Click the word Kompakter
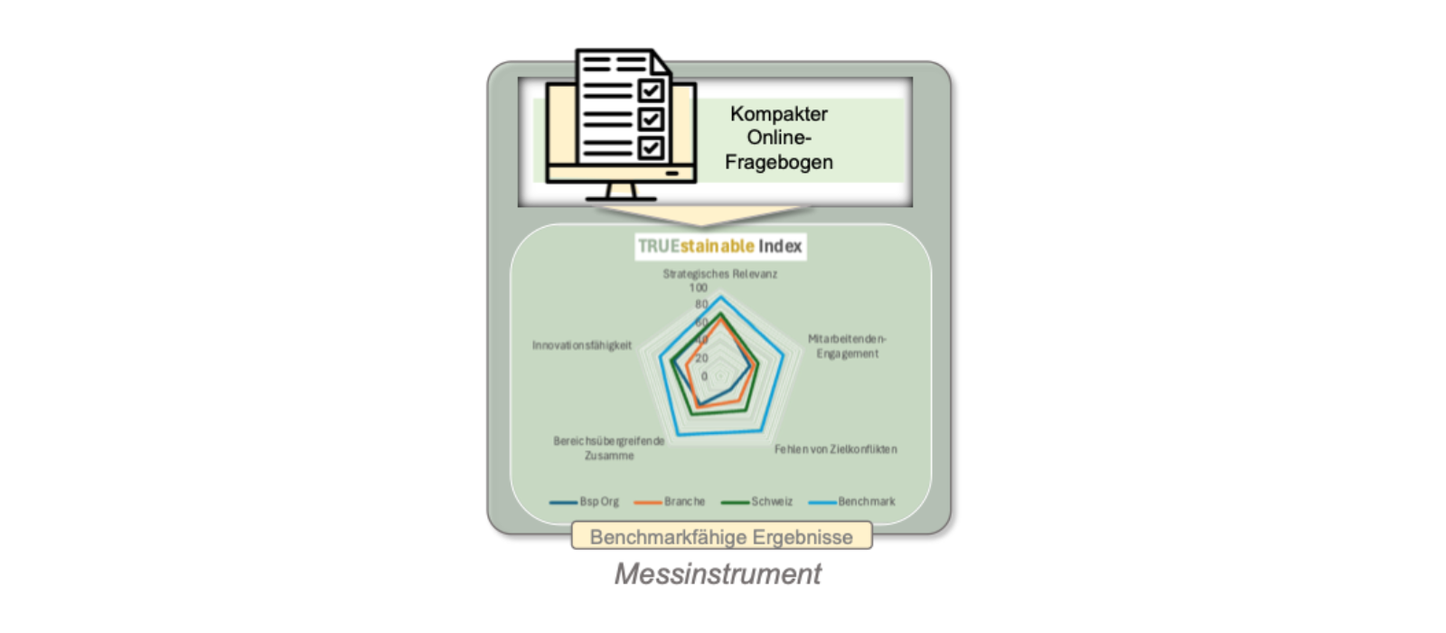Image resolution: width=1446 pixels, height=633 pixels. pyautogui.click(x=778, y=114)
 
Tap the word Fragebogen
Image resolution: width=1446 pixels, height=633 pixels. pyautogui.click(x=778, y=163)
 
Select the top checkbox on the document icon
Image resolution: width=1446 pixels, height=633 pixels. pyautogui.click(x=651, y=90)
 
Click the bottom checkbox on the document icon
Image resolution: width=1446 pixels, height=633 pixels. pyautogui.click(x=651, y=147)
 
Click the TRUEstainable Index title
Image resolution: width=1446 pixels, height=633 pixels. pyautogui.click(x=719, y=246)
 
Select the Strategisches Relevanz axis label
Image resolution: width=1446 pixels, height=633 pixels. pyautogui.click(x=719, y=274)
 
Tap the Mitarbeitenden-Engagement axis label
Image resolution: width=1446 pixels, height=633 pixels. pyautogui.click(x=847, y=346)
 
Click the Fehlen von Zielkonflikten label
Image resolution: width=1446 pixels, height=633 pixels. pyautogui.click(x=835, y=449)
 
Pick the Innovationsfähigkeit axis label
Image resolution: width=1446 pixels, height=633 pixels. pyautogui.click(x=582, y=345)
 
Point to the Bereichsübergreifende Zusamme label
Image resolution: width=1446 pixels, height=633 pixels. pyautogui.click(x=608, y=449)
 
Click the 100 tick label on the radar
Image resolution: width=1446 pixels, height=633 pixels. pyautogui.click(x=699, y=288)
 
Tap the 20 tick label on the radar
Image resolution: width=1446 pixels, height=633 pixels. pyautogui.click(x=701, y=358)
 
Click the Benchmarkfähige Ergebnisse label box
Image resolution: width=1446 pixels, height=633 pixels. pyautogui.click(x=721, y=537)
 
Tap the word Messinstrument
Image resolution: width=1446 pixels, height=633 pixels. pyautogui.click(x=718, y=574)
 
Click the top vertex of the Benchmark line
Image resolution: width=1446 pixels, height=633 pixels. pyautogui.click(x=720, y=298)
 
